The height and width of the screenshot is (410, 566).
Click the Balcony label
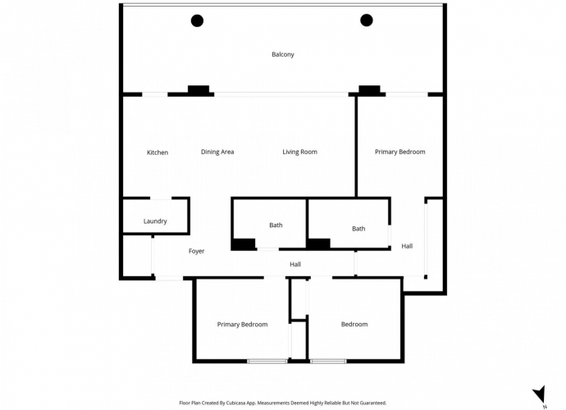pos(282,55)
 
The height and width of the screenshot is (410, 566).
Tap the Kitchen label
pos(157,153)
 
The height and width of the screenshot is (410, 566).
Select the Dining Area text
pos(217,152)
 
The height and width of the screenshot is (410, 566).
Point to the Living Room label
pos(299,152)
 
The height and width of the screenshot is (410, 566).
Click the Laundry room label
pos(155,221)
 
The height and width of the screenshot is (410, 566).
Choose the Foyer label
pos(196,251)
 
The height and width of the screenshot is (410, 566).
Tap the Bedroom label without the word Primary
pos(354,324)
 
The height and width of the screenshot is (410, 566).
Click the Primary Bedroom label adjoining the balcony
pos(399,152)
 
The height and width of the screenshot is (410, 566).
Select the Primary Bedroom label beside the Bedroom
pos(242,324)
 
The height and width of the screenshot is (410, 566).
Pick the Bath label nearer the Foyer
pos(276,225)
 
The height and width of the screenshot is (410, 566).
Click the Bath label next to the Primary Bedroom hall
pos(358,229)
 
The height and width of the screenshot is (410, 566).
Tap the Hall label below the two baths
pos(295,264)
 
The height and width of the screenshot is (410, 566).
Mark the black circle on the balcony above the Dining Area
pos(198,20)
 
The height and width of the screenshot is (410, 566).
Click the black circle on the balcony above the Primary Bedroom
pos(367,20)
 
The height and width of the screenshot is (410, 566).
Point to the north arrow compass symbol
pos(539,394)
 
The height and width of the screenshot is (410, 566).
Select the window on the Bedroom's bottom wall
pos(328,361)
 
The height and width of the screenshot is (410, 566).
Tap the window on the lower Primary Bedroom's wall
pos(267,361)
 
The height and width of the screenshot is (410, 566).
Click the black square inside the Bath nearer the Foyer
pos(243,244)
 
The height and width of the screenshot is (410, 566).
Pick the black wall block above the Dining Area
pos(198,89)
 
